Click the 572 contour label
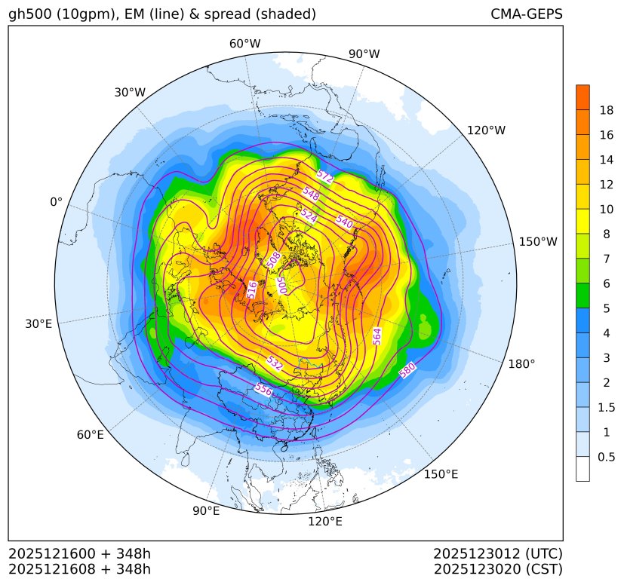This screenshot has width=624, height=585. pyautogui.click(x=325, y=176)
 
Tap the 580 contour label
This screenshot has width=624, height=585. pyautogui.click(x=407, y=370)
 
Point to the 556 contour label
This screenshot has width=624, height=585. pyautogui.click(x=263, y=389)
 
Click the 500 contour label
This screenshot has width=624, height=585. pyautogui.click(x=281, y=284)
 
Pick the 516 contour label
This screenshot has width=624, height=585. pyautogui.click(x=253, y=289)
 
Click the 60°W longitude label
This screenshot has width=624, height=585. pyautogui.click(x=244, y=44)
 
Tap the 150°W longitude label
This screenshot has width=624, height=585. pyautogui.click(x=538, y=241)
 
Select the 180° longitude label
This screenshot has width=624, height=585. pyautogui.click(x=521, y=363)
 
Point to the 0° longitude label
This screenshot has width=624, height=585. pyautogui.click(x=57, y=202)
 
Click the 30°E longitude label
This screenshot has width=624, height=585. pyautogui.click(x=38, y=324)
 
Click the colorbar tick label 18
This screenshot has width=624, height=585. pyautogui.click(x=606, y=110)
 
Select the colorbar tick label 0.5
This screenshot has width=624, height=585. pyautogui.click(x=606, y=457)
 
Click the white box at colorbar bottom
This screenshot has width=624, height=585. pyautogui.click(x=583, y=469)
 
